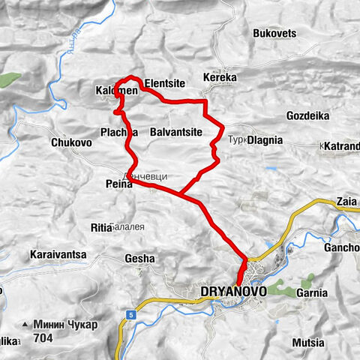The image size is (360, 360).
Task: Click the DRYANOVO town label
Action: click(230, 290)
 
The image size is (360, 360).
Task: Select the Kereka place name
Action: click(220, 77)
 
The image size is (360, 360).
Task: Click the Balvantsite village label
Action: click(176, 132)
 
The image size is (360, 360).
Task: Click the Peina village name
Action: click(118, 182)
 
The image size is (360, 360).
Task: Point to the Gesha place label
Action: click(139, 258)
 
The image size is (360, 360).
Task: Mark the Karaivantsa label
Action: click(58, 255)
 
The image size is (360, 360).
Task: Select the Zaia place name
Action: click(346, 202)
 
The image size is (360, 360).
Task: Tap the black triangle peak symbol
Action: click(26, 325)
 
